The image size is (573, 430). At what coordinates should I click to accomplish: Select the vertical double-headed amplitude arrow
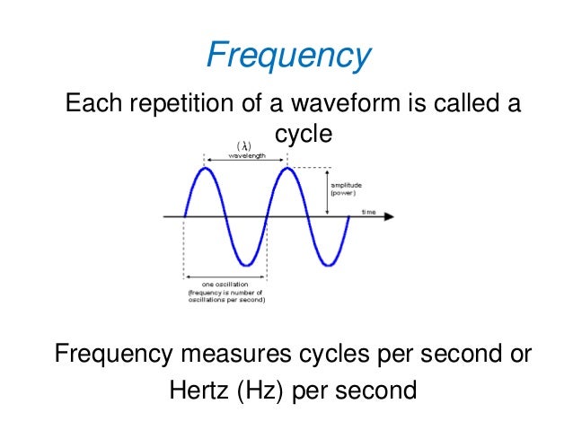point(328,190)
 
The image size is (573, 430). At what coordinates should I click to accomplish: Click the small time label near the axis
point(368,211)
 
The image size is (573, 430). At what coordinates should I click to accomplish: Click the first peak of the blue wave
point(205,169)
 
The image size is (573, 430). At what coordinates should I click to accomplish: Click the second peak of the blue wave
point(286,169)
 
